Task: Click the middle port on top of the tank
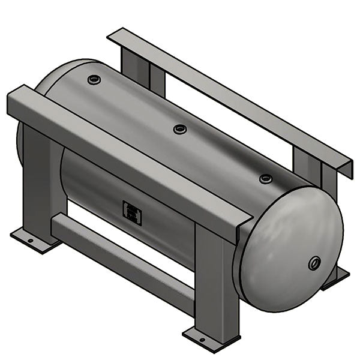179,129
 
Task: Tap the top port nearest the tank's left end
94,79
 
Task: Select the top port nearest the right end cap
265,178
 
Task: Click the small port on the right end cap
314,263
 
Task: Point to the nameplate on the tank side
132,212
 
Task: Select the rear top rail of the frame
228,96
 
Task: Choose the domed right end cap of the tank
288,249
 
